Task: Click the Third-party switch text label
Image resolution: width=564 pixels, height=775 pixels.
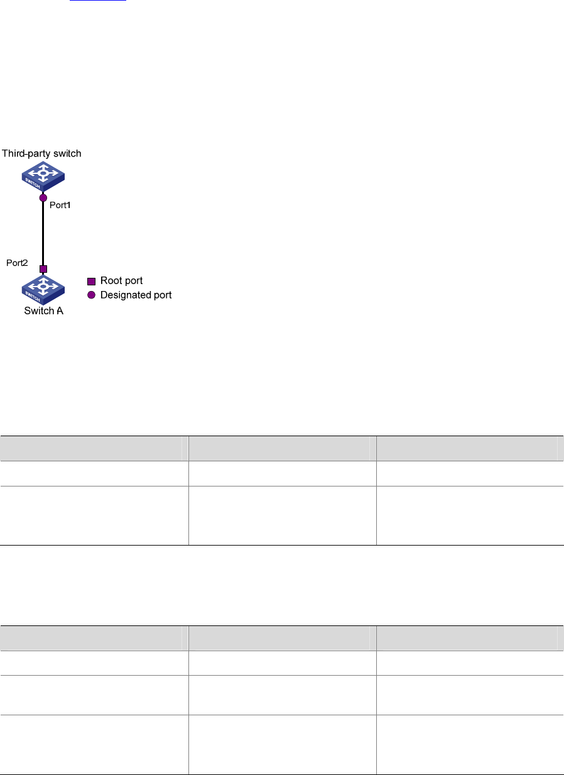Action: [x=41, y=153]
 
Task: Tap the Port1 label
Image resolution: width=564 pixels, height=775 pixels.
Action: [x=61, y=205]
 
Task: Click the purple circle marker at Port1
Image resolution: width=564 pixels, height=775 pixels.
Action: [x=43, y=198]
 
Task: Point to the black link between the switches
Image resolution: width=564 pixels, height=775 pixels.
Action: [x=43, y=233]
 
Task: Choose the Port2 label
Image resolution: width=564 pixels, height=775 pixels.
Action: [x=17, y=263]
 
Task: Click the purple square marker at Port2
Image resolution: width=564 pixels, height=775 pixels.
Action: [x=43, y=269]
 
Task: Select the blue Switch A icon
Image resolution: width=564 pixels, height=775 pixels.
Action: [x=43, y=288]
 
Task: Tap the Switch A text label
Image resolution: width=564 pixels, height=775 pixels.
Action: [x=43, y=311]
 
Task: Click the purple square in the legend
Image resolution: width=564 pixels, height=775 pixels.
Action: [x=91, y=281]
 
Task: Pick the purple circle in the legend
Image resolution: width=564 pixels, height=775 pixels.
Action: [x=91, y=295]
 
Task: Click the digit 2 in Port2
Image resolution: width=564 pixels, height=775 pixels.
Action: [x=25, y=263]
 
